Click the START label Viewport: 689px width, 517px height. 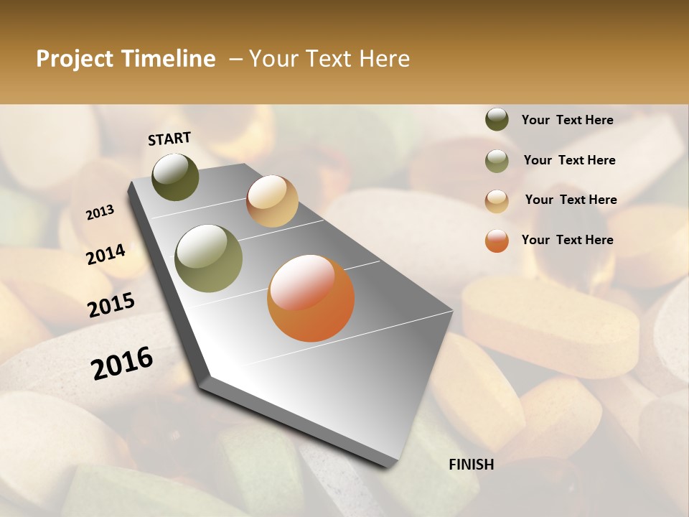coord(169,139)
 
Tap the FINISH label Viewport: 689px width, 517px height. coord(472,465)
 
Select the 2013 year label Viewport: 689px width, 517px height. coord(100,213)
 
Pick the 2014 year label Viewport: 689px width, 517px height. coord(106,254)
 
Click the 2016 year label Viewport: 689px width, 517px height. coord(122,363)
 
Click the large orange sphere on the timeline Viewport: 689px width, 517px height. coord(311,298)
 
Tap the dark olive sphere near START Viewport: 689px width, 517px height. coord(176,177)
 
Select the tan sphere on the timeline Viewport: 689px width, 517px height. coord(272,201)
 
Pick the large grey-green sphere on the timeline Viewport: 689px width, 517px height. coord(209,258)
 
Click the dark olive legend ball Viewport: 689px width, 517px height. coord(497,119)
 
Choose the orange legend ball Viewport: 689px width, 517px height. coord(497,241)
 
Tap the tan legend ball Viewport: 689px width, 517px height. coord(497,201)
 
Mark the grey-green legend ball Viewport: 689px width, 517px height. coord(497,161)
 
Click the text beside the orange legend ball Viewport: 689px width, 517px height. coord(567,240)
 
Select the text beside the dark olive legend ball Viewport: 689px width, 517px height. coord(567,120)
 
